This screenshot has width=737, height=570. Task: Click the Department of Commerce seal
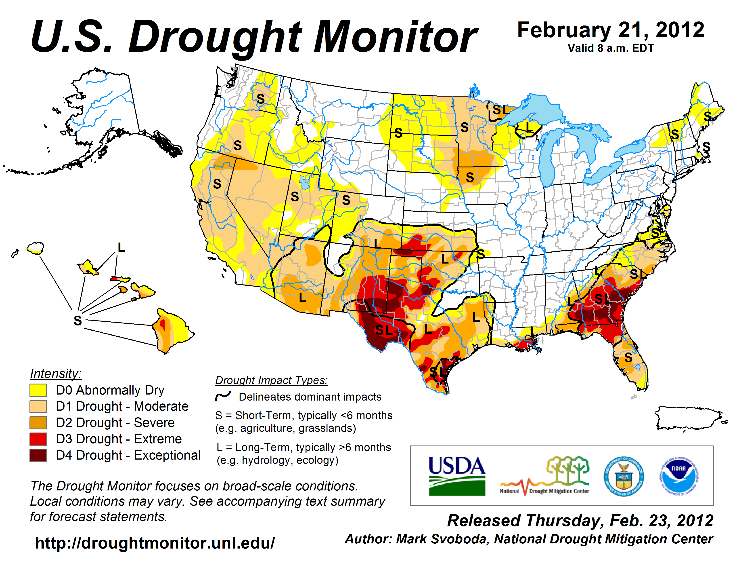624,476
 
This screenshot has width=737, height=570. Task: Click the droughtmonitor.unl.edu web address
155,543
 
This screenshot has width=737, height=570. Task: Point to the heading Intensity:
56,374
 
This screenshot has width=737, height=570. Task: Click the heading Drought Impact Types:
271,380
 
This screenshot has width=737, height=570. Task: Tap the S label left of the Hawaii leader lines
78,320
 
